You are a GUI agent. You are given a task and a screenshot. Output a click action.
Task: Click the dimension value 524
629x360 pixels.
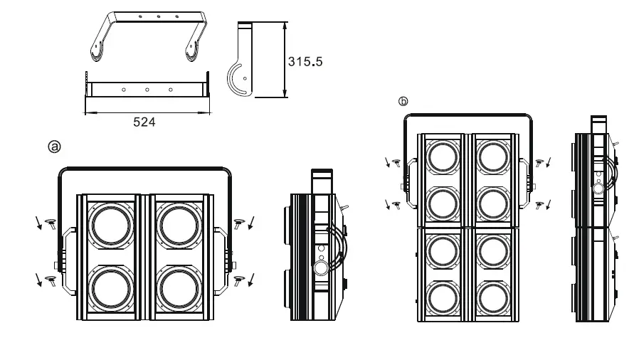point(144,122)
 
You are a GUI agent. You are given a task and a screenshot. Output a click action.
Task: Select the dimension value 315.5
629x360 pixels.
point(305,61)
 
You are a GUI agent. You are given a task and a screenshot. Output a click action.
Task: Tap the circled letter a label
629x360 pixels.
point(54,147)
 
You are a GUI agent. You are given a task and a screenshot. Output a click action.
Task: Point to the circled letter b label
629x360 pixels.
point(403,102)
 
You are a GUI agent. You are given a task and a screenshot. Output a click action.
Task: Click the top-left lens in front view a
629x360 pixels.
point(111,226)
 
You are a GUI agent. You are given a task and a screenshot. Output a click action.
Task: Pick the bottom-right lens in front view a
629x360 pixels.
point(179,291)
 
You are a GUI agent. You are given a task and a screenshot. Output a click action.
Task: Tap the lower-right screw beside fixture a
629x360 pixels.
point(239,279)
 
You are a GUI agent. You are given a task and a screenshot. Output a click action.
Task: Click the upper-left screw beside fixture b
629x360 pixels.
point(396,163)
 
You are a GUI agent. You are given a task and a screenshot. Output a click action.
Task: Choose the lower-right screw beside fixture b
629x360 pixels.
point(539,205)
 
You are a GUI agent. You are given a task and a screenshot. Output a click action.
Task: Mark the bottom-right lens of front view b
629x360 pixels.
point(492,297)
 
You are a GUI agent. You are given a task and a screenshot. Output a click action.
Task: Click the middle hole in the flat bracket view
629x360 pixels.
point(147,90)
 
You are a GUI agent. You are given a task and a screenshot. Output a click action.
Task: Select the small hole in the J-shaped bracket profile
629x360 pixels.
point(245,78)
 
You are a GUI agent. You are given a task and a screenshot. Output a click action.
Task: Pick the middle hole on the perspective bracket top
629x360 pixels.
point(159,16)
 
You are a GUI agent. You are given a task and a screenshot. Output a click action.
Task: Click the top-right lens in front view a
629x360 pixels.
point(179,226)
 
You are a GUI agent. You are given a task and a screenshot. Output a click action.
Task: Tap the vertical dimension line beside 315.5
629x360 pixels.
point(285,60)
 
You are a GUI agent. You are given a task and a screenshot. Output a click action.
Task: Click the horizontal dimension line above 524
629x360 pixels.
point(148,111)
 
